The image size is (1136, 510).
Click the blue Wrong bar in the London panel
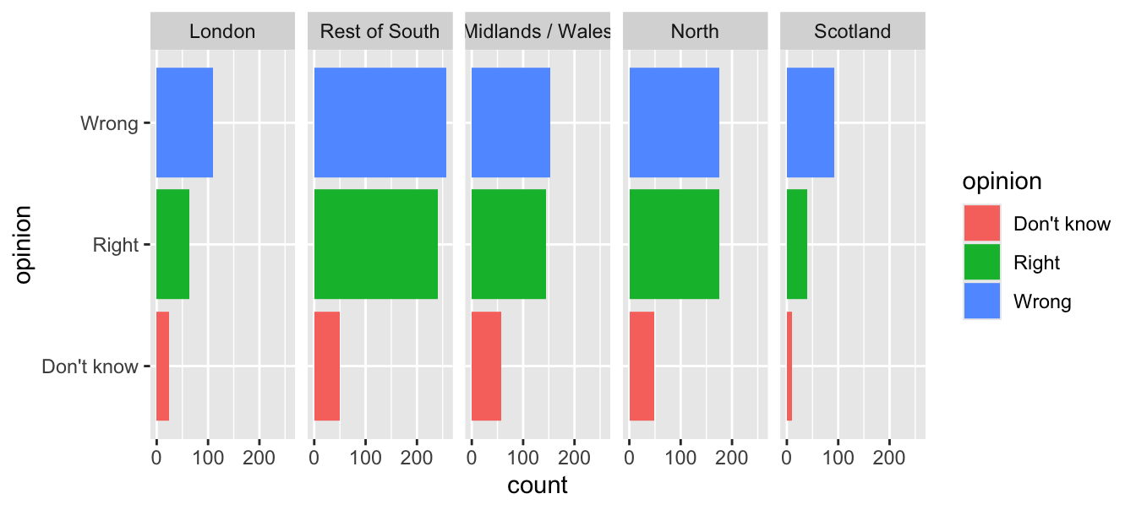click(184, 122)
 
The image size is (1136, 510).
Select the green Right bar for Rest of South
click(375, 244)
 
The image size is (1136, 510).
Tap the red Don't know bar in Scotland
click(789, 366)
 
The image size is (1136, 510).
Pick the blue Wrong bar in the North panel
click(674, 122)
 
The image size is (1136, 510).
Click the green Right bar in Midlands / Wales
click(508, 244)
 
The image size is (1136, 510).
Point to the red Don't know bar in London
click(162, 366)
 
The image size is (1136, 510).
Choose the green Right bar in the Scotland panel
click(797, 244)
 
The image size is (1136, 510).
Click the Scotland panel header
click(852, 32)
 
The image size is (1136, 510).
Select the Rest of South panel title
click(380, 32)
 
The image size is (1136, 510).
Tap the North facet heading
click(695, 32)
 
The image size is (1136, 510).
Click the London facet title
click(222, 32)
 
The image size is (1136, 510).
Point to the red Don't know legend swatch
click(981, 224)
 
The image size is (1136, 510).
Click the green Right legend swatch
click(981, 263)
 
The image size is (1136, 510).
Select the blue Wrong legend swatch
click(981, 301)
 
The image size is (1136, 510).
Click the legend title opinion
click(1002, 182)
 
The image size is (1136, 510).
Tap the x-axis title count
click(538, 486)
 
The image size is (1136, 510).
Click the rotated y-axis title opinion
click(25, 245)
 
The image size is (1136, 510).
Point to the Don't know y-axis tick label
click(90, 366)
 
